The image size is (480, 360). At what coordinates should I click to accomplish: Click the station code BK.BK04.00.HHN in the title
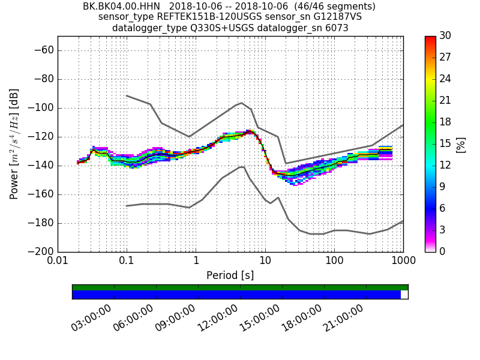(122, 7)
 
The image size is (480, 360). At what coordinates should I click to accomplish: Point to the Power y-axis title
(14, 144)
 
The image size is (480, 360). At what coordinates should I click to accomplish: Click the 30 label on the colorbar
(446, 36)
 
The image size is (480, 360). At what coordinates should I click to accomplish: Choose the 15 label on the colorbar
(446, 143)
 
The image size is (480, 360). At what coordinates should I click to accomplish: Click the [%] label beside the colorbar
(461, 144)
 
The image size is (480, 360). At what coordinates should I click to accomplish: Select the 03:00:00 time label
(91, 318)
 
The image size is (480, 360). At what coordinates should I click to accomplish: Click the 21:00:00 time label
(343, 318)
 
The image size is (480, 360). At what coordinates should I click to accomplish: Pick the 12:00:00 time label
(217, 318)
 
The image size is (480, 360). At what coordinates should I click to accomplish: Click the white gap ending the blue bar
(404, 295)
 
